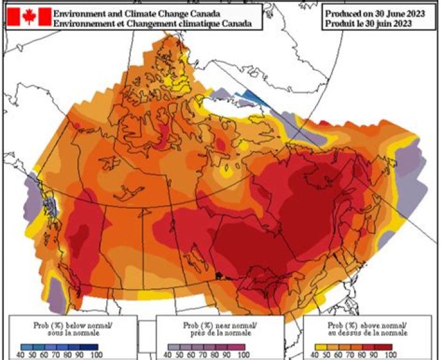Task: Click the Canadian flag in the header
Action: pyautogui.click(x=28, y=17)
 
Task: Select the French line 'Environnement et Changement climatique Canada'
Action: pyautogui.click(x=152, y=23)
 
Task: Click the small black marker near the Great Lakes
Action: pyautogui.click(x=218, y=275)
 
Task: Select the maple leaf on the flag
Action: pyautogui.click(x=28, y=17)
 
